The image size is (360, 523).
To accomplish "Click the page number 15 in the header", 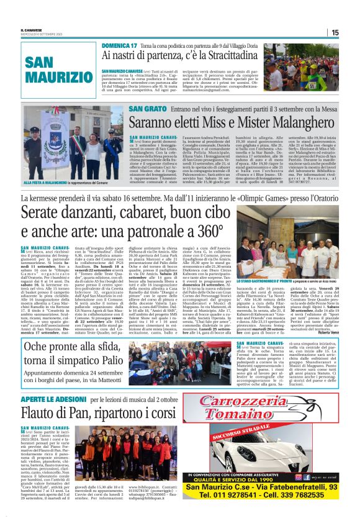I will [335, 33].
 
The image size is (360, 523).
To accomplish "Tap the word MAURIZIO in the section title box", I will [54, 78].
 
